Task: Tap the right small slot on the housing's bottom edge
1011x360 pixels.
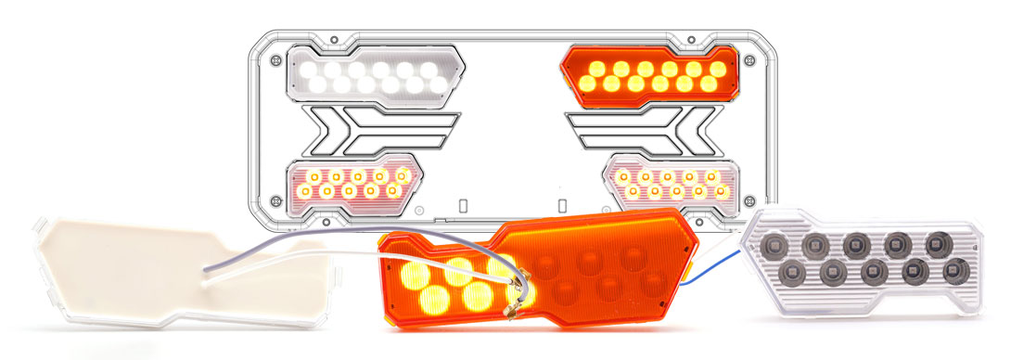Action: tap(561, 205)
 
